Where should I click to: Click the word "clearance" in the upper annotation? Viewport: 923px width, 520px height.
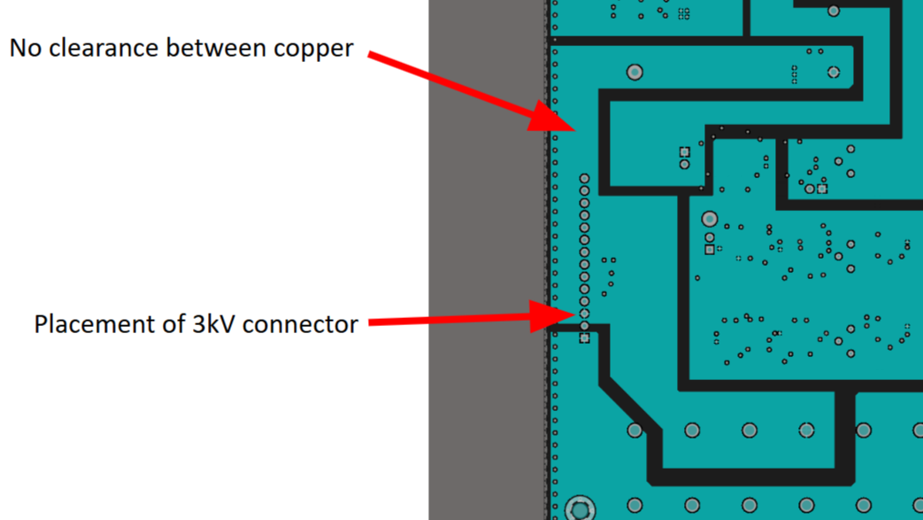point(108,48)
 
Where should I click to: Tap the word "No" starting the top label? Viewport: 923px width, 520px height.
point(26,48)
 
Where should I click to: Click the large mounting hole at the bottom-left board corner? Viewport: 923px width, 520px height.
point(580,509)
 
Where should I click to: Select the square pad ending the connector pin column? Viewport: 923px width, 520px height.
point(584,338)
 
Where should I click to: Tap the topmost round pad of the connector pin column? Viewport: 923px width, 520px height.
point(584,179)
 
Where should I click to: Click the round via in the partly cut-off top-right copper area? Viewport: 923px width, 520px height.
point(833,11)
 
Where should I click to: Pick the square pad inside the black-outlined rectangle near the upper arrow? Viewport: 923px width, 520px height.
point(684,152)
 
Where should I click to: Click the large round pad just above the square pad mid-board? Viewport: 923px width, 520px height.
point(709,219)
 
